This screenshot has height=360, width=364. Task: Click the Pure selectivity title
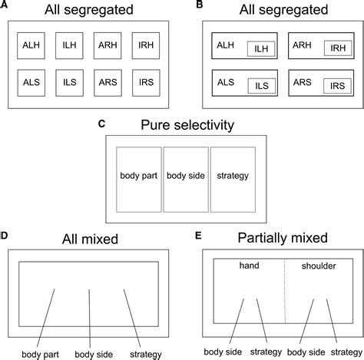click(182, 124)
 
